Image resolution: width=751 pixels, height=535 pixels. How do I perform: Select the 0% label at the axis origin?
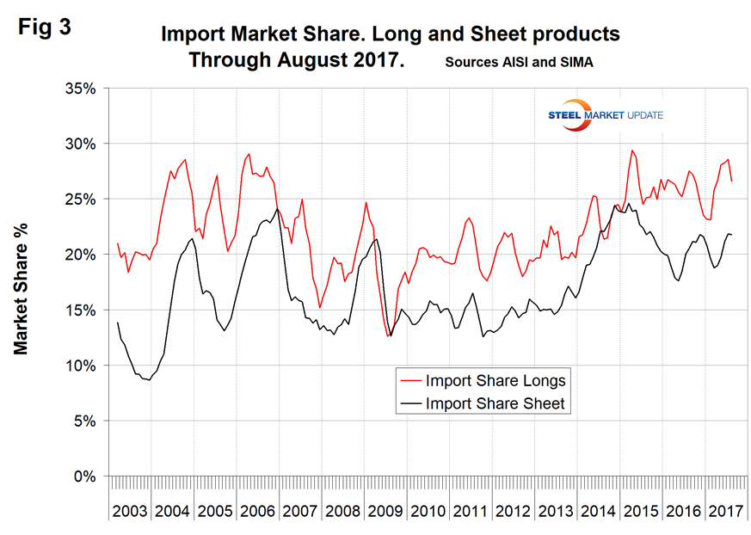pos(87,476)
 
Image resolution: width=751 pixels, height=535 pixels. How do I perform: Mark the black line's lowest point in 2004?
pos(150,379)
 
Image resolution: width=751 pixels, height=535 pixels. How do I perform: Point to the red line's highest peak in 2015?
pos(632,151)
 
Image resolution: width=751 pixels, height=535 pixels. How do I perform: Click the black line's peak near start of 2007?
pos(277,209)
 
